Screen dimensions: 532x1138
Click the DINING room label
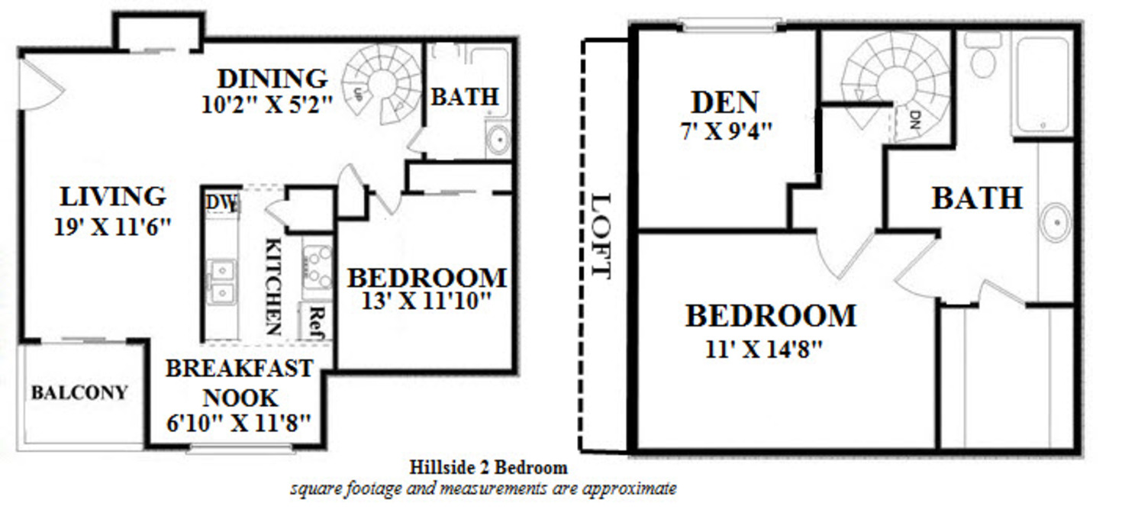coord(272,79)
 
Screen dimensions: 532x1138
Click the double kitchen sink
coord(221,282)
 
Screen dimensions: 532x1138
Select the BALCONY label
coord(79,393)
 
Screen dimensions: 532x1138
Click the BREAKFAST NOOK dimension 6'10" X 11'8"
coord(239,422)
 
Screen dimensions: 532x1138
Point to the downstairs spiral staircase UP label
coord(357,94)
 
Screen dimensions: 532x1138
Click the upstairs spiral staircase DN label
coord(915,118)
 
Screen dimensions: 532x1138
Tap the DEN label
coord(725,102)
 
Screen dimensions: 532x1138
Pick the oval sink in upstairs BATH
coord(1056,222)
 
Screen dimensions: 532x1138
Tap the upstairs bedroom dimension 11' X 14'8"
coord(766,350)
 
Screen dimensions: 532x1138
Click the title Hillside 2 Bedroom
coord(488,467)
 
